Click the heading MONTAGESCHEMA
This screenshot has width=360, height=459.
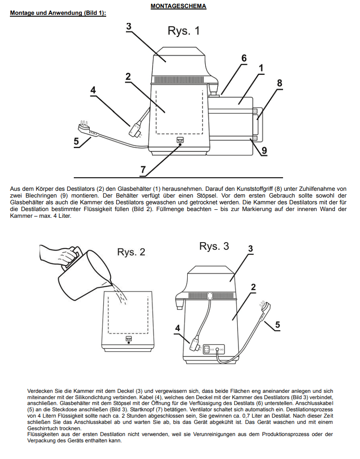pyautogui.click(x=178, y=6)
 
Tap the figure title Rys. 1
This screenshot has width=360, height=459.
pyautogui.click(x=184, y=31)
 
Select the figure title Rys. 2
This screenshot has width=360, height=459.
pyautogui.click(x=131, y=252)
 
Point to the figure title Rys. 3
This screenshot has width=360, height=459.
pyautogui.click(x=214, y=246)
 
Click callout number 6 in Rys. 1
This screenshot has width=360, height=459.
pyautogui.click(x=244, y=58)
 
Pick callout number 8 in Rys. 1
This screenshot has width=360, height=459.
pyautogui.click(x=279, y=83)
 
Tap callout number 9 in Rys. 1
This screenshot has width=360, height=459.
pyautogui.click(x=264, y=150)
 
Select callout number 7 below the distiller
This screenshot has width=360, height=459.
pyautogui.click(x=143, y=170)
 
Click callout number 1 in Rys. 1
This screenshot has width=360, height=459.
pyautogui.click(x=261, y=68)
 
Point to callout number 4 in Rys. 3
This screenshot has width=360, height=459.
pyautogui.click(x=178, y=328)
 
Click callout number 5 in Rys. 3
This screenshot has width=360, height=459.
pyautogui.click(x=278, y=324)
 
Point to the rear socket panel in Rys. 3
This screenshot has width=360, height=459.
pyautogui.click(x=214, y=349)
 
